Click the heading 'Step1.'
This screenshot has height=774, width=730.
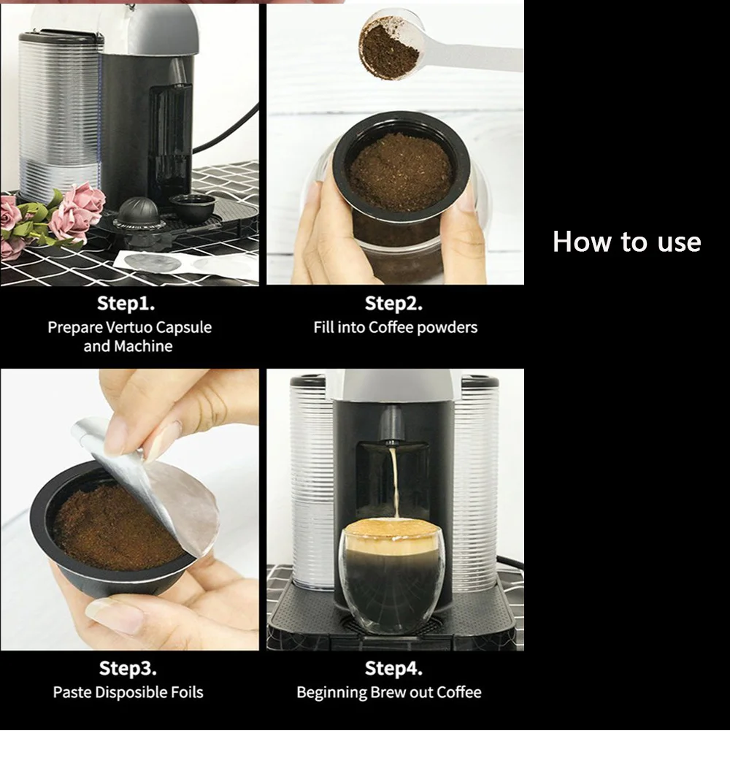126,303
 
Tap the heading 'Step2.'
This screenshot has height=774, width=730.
393,303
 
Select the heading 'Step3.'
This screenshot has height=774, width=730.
128,668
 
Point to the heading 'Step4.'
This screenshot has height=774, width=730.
393,668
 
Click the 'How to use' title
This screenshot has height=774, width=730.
626,242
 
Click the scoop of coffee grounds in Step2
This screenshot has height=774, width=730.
389,48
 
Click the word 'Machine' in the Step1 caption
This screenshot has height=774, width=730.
143,346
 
